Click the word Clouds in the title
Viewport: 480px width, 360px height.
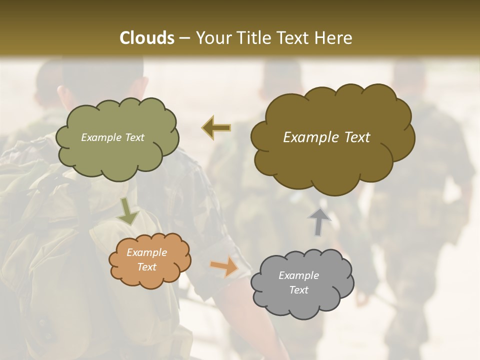146,38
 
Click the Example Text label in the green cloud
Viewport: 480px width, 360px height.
112,137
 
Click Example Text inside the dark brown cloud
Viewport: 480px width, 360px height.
326,137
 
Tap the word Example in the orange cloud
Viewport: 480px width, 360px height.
146,252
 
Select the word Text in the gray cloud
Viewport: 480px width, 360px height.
298,290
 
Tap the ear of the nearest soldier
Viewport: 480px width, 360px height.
63,95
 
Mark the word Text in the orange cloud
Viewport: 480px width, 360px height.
146,267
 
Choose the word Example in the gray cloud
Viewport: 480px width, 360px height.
298,275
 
